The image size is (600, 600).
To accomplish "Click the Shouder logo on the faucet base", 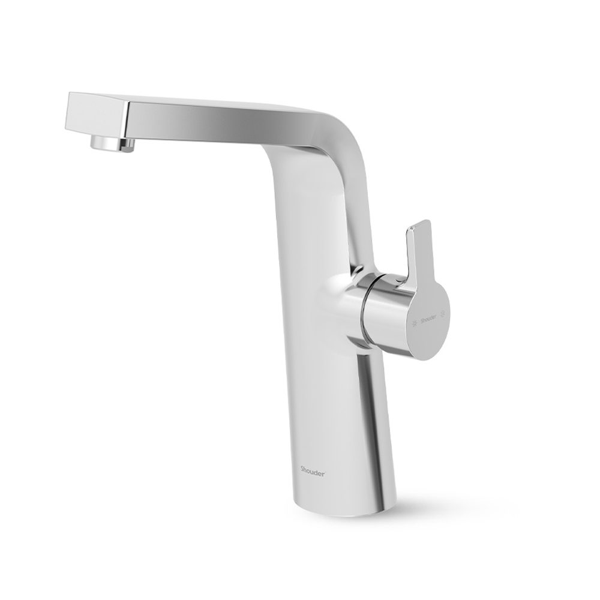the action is tap(313, 470).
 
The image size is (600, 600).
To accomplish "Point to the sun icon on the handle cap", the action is tap(414, 325).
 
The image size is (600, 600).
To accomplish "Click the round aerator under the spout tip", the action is tap(113, 143).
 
